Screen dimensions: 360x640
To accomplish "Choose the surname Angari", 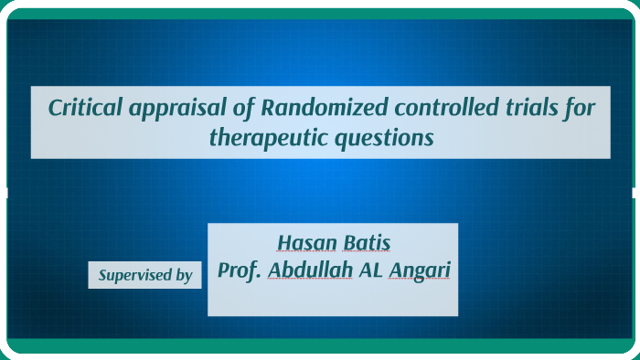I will coord(421,271).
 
